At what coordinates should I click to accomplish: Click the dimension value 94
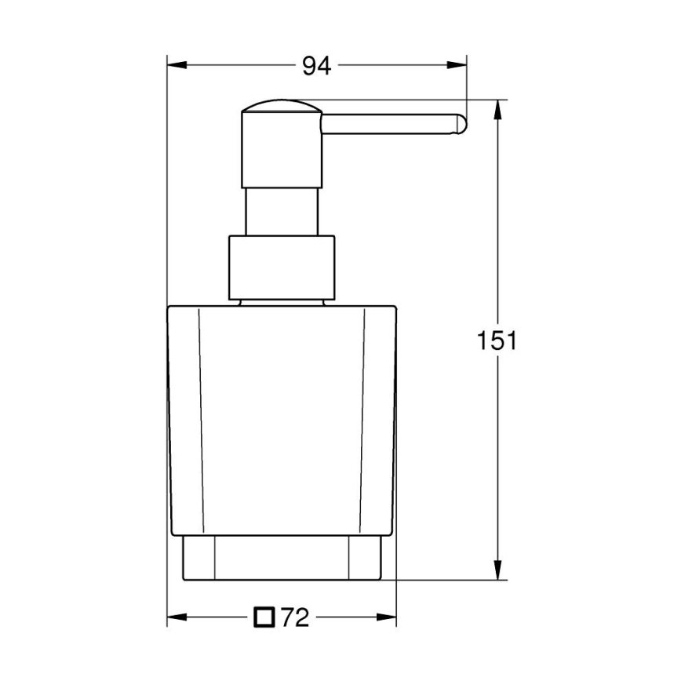(317, 67)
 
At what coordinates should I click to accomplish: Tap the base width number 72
(294, 619)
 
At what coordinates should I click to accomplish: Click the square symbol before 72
(264, 618)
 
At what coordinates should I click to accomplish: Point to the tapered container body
(282, 416)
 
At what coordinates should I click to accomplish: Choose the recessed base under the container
(282, 558)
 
